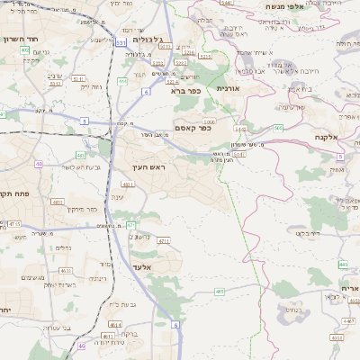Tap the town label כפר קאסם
(x=192, y=129)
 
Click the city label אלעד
(x=143, y=267)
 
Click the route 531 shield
(x=121, y=42)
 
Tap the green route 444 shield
(x=121, y=81)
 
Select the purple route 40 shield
(x=39, y=164)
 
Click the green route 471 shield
(x=130, y=225)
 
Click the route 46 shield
(x=81, y=346)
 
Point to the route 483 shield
(x=80, y=155)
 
